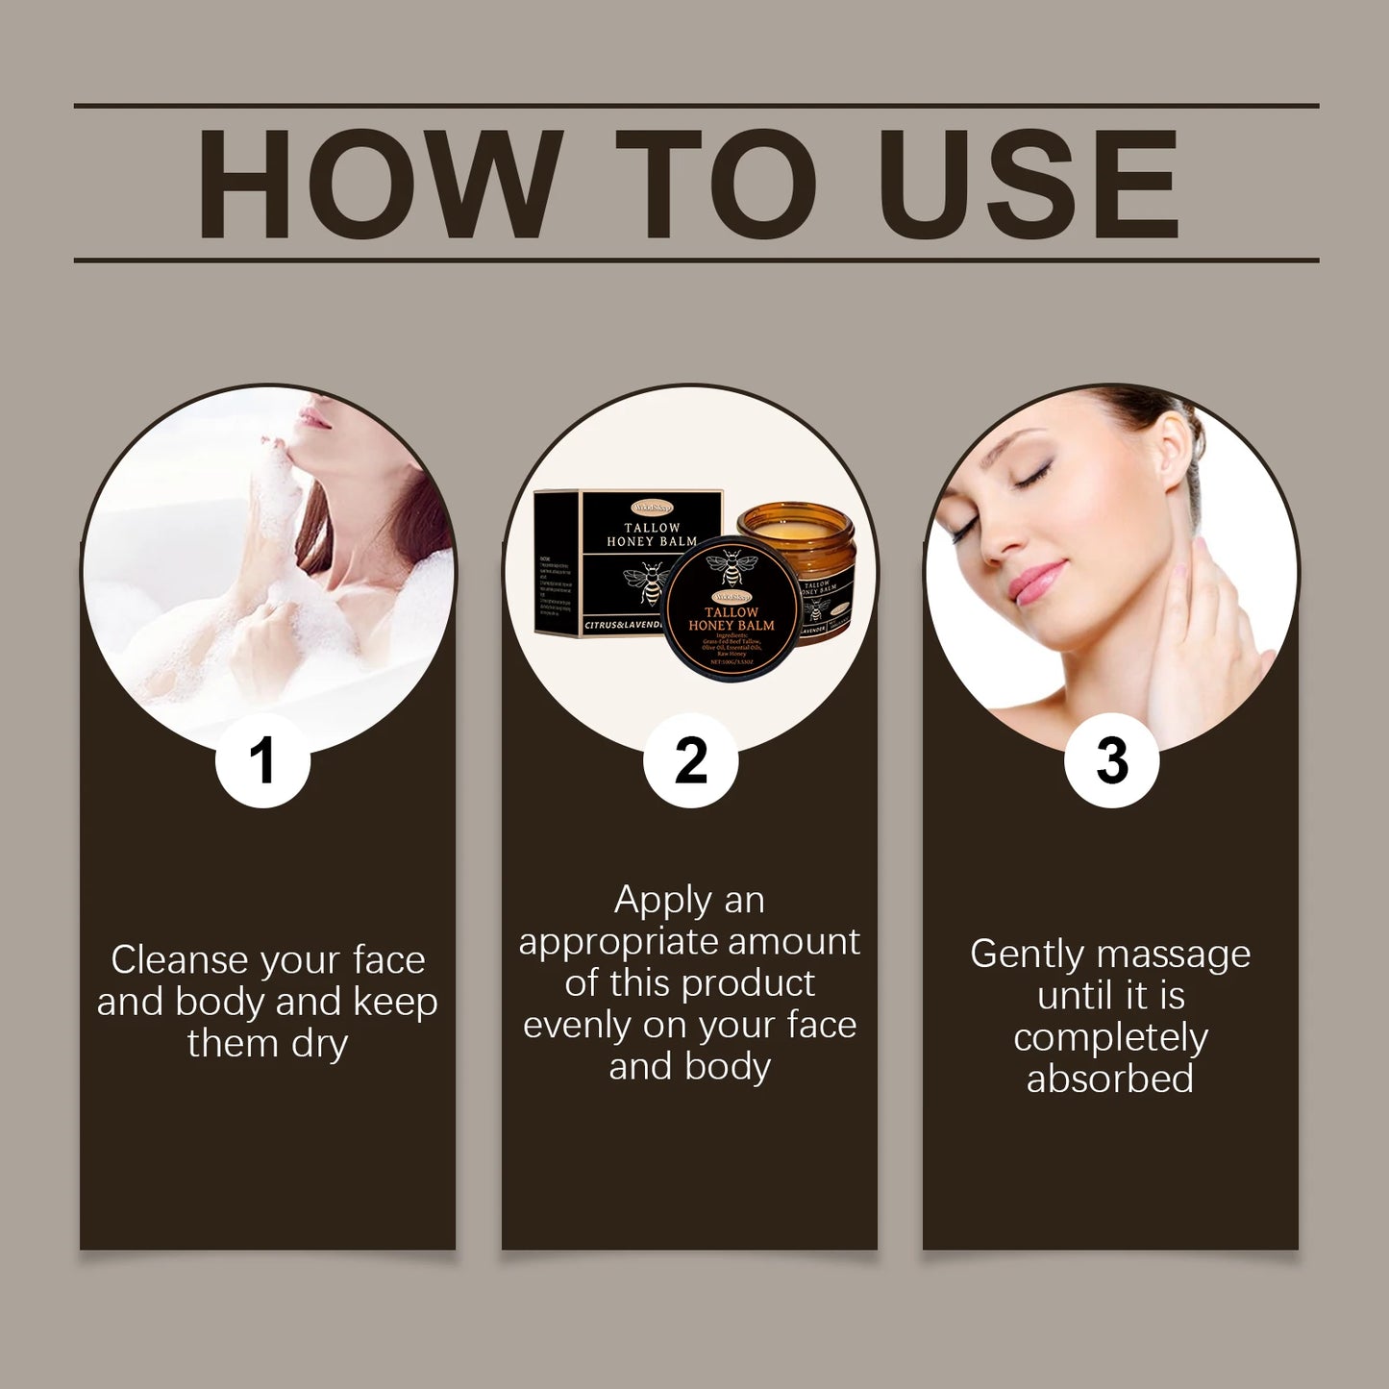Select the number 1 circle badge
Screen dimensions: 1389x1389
pos(262,760)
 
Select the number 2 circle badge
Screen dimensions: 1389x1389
pos(690,760)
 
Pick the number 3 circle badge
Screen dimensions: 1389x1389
pos(1111,760)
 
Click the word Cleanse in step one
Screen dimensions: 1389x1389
pos(178,959)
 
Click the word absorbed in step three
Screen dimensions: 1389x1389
pos(1110,1079)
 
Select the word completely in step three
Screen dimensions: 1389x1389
pos(1110,1038)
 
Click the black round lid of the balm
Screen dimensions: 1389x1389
pos(731,609)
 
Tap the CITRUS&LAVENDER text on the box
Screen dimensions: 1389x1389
pos(623,625)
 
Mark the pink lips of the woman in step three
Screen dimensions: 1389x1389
pos(1036,582)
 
